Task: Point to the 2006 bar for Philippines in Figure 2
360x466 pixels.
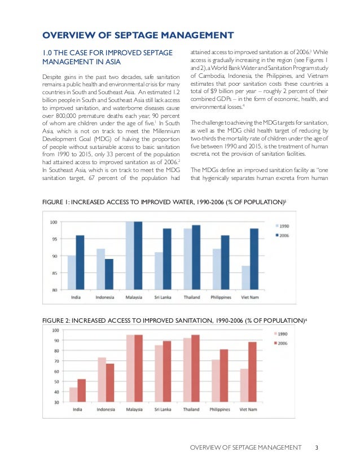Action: [x=225, y=375]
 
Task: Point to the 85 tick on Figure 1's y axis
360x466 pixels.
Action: [x=54, y=273]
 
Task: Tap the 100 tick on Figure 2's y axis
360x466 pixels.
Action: [x=58, y=330]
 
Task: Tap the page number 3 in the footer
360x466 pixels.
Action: [x=317, y=448]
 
